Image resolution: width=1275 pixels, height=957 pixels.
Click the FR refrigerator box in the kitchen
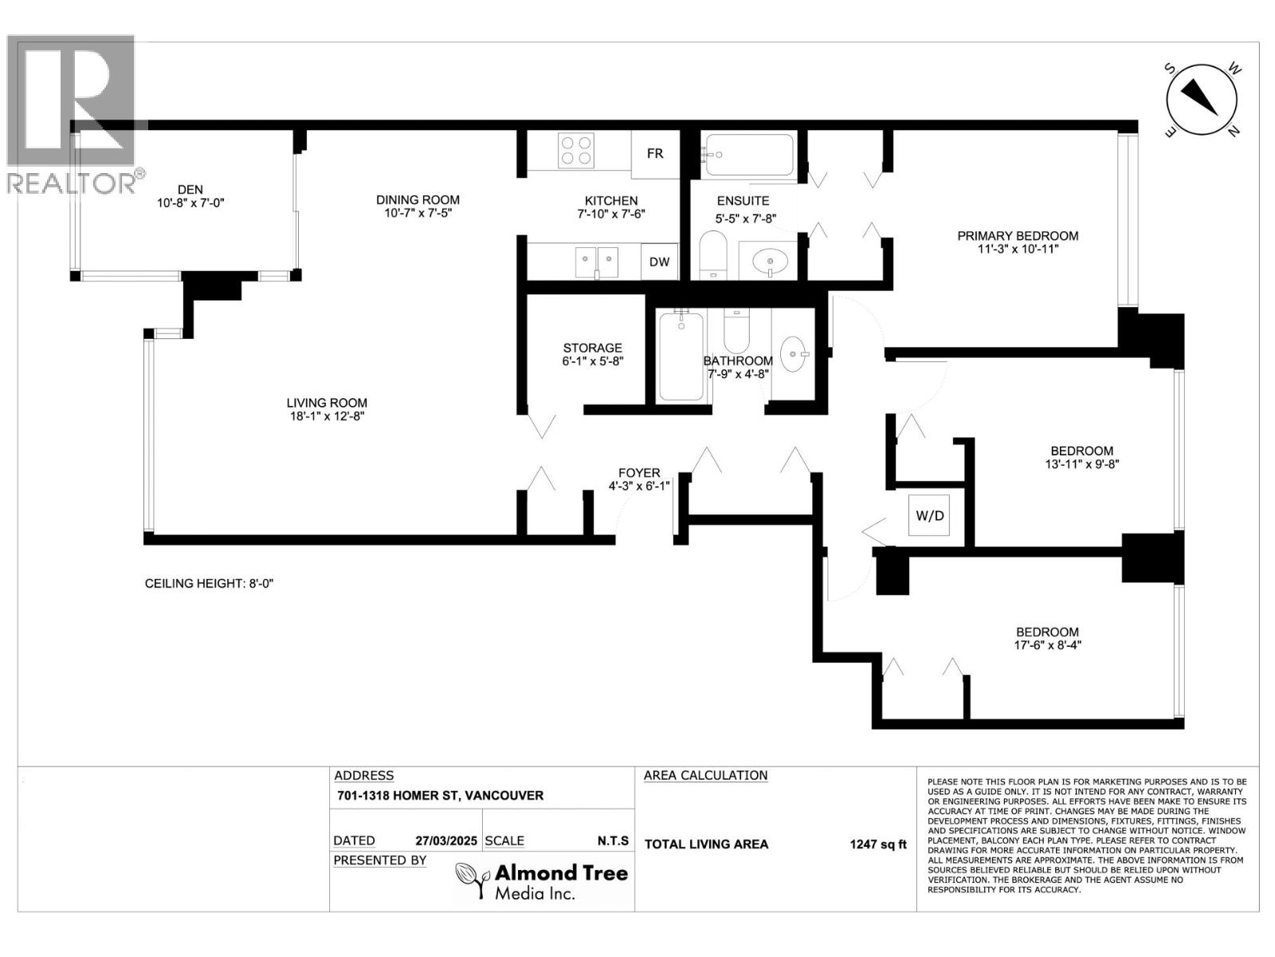pos(655,154)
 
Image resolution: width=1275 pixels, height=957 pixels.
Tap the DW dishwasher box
pos(659,262)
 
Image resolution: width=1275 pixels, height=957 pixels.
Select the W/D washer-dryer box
pos(929,515)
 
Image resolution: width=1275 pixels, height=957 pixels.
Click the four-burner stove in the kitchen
pos(576,151)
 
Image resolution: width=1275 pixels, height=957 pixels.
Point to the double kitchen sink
pos(597,262)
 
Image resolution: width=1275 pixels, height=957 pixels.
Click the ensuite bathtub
pos(747,155)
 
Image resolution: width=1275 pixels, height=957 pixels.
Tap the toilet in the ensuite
pos(713,255)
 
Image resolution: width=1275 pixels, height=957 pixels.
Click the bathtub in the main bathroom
pos(681,356)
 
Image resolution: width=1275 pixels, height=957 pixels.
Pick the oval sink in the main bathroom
pos(794,354)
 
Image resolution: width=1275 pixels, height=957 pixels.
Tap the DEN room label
pos(190,190)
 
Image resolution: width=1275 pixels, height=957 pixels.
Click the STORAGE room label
pos(593,348)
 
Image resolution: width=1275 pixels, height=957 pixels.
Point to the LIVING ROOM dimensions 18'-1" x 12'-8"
pos(327,416)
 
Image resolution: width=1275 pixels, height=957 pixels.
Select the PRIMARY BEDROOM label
pos(1018,236)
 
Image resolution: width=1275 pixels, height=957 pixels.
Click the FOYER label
pos(639,473)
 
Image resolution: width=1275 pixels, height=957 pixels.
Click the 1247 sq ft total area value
pos(877,845)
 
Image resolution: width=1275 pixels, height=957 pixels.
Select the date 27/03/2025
pos(446,841)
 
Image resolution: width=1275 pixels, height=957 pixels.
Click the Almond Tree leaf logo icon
pos(473,881)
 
